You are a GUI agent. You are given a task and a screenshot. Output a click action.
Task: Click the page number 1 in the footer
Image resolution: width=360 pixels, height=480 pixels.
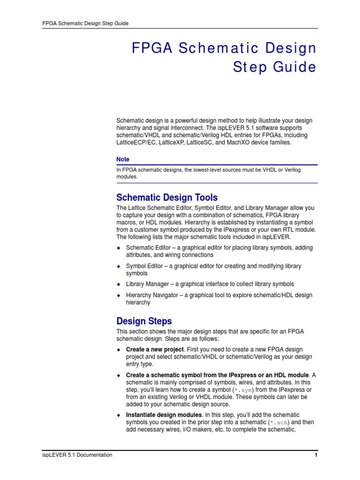point(316,455)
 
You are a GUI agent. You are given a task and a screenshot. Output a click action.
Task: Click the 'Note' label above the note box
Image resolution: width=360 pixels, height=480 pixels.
point(123,159)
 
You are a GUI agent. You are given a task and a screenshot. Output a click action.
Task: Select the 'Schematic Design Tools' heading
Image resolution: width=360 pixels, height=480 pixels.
point(167,197)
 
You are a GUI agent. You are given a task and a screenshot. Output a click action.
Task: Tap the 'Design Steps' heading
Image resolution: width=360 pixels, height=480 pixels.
point(144,321)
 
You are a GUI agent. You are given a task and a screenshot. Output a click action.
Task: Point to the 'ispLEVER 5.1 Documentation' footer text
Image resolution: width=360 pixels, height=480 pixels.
point(77,455)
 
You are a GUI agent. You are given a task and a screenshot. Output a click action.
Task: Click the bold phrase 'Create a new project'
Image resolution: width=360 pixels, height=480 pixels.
point(155,350)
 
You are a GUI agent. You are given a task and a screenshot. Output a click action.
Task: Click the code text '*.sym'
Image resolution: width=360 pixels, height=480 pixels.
point(245,390)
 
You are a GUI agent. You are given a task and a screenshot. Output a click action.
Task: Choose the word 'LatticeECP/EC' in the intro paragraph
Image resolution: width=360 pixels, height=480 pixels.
point(136,142)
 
